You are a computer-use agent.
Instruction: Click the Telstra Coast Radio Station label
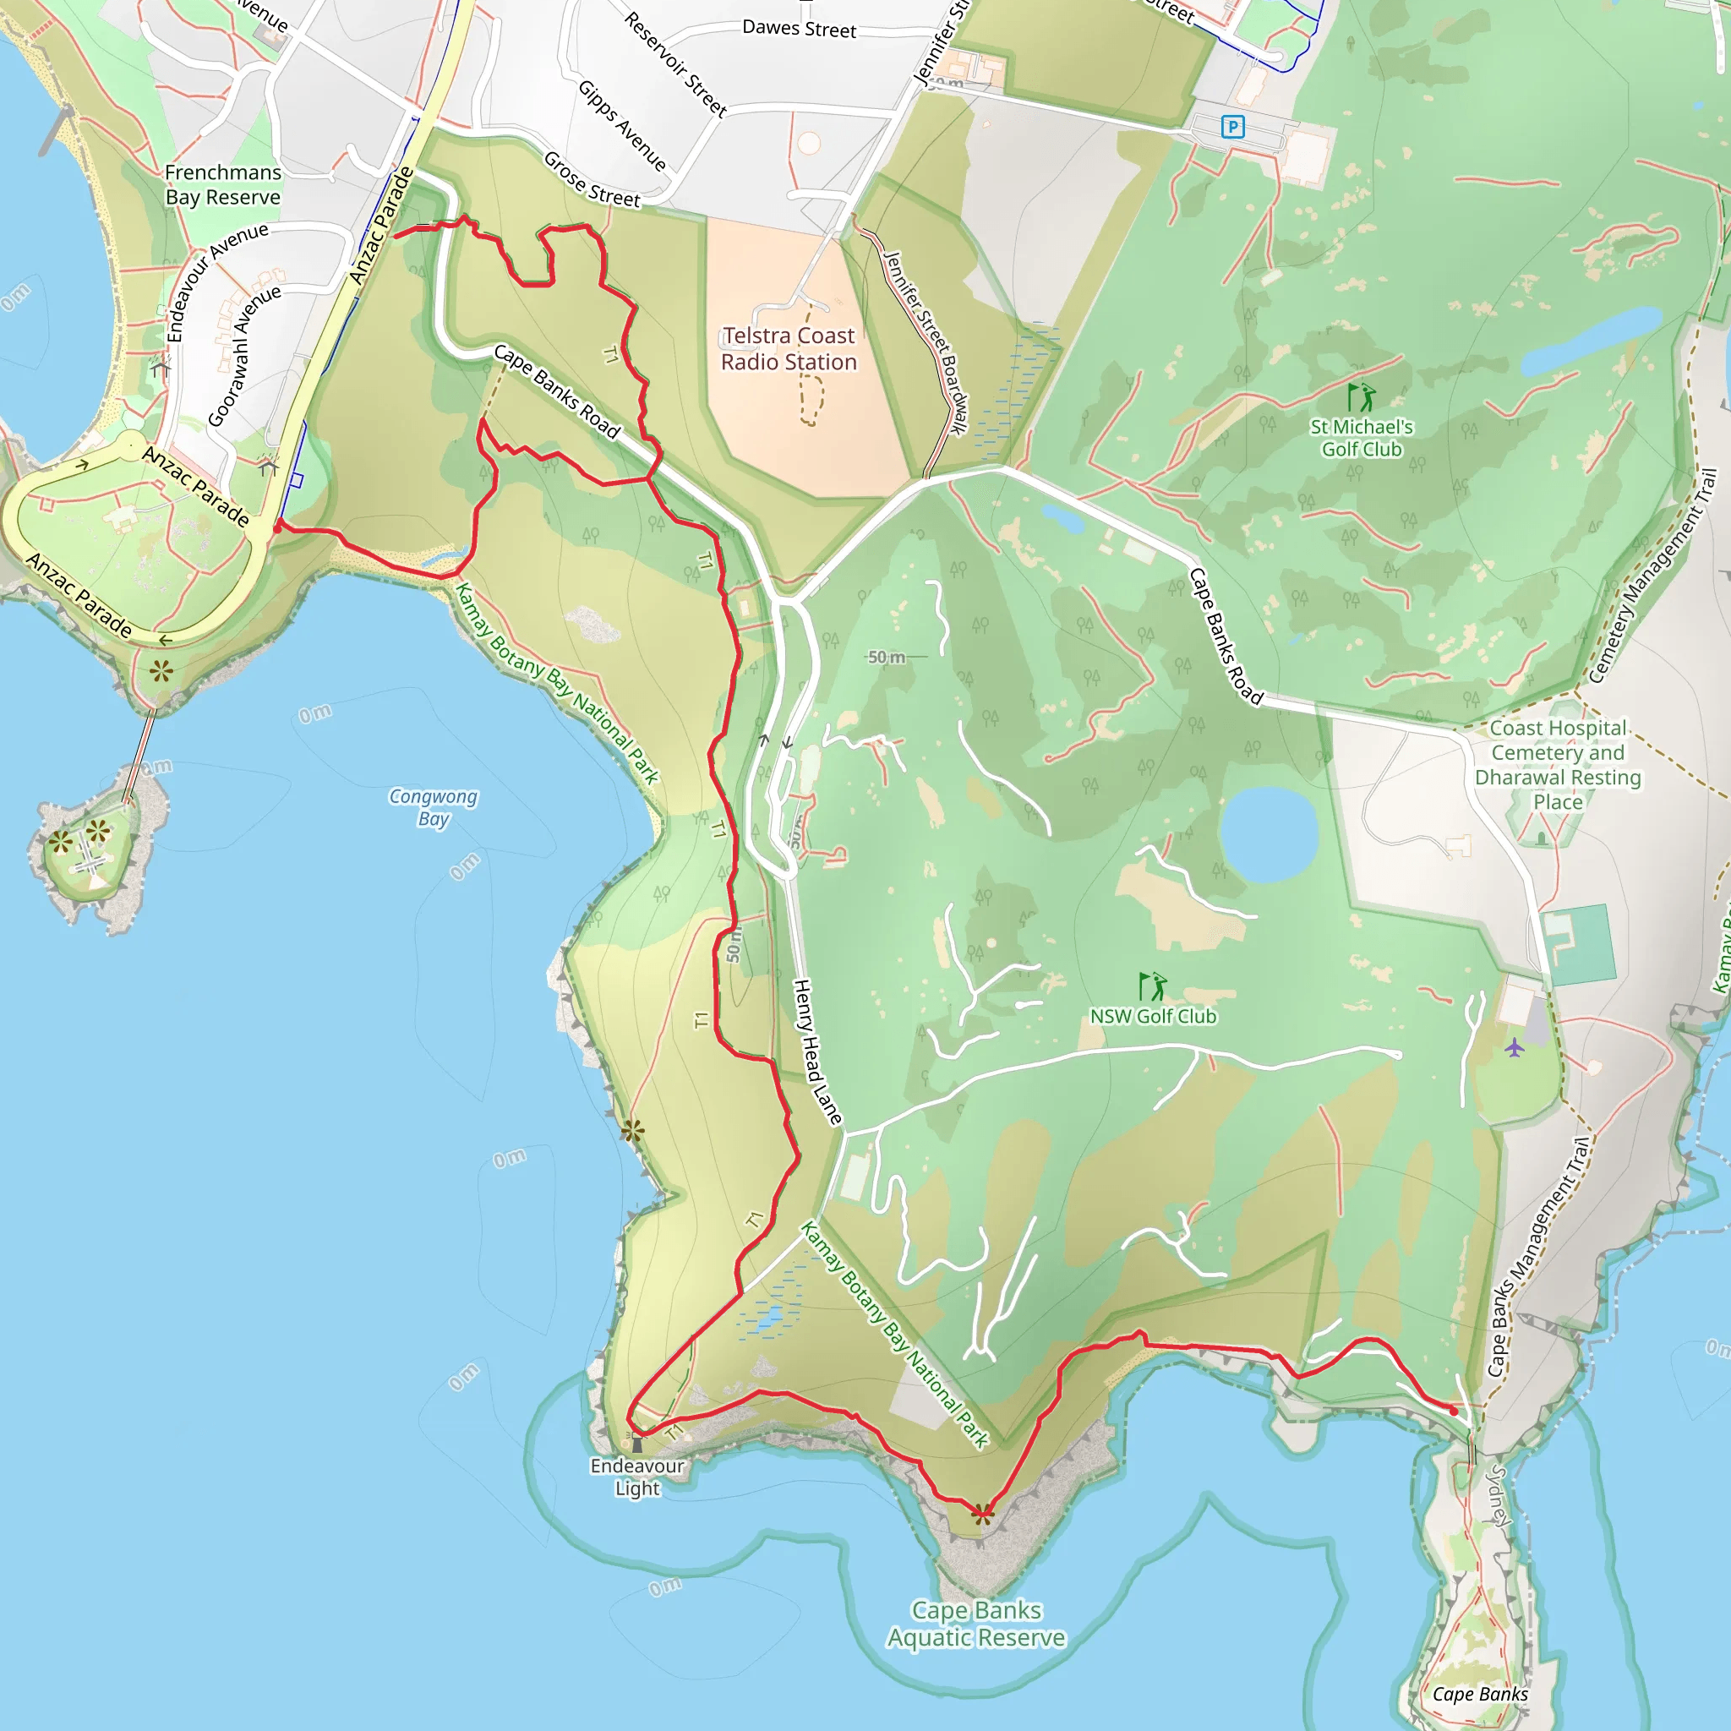pos(789,348)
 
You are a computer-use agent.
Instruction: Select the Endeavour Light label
pos(637,1477)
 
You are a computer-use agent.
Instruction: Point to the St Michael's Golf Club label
pos(1361,437)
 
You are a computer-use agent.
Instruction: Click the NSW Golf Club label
pos(1153,1016)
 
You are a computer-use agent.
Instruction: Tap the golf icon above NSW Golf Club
pos(1152,986)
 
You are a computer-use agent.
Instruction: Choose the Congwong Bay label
pos(434,806)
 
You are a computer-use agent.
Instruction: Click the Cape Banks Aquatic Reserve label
pos(976,1624)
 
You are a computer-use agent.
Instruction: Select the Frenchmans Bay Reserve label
pos(223,184)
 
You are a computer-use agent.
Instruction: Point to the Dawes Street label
pos(800,29)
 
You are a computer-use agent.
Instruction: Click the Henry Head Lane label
pos(817,1051)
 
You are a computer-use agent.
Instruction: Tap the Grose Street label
pos(592,180)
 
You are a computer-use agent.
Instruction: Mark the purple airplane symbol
pos(1514,1046)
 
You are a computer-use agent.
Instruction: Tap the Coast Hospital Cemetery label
pos(1558,764)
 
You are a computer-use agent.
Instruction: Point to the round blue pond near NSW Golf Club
pos(1269,834)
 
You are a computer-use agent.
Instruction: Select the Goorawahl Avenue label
pos(243,356)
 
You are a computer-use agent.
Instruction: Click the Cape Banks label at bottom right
pos(1480,1693)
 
